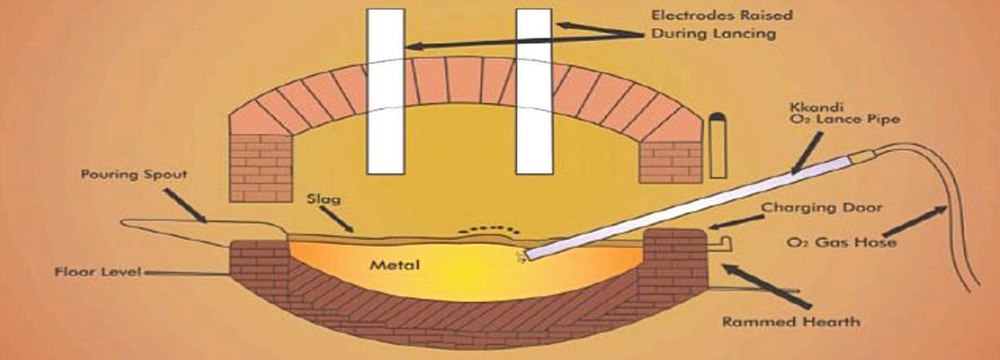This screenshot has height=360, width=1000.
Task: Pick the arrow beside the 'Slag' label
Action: click(337, 219)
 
